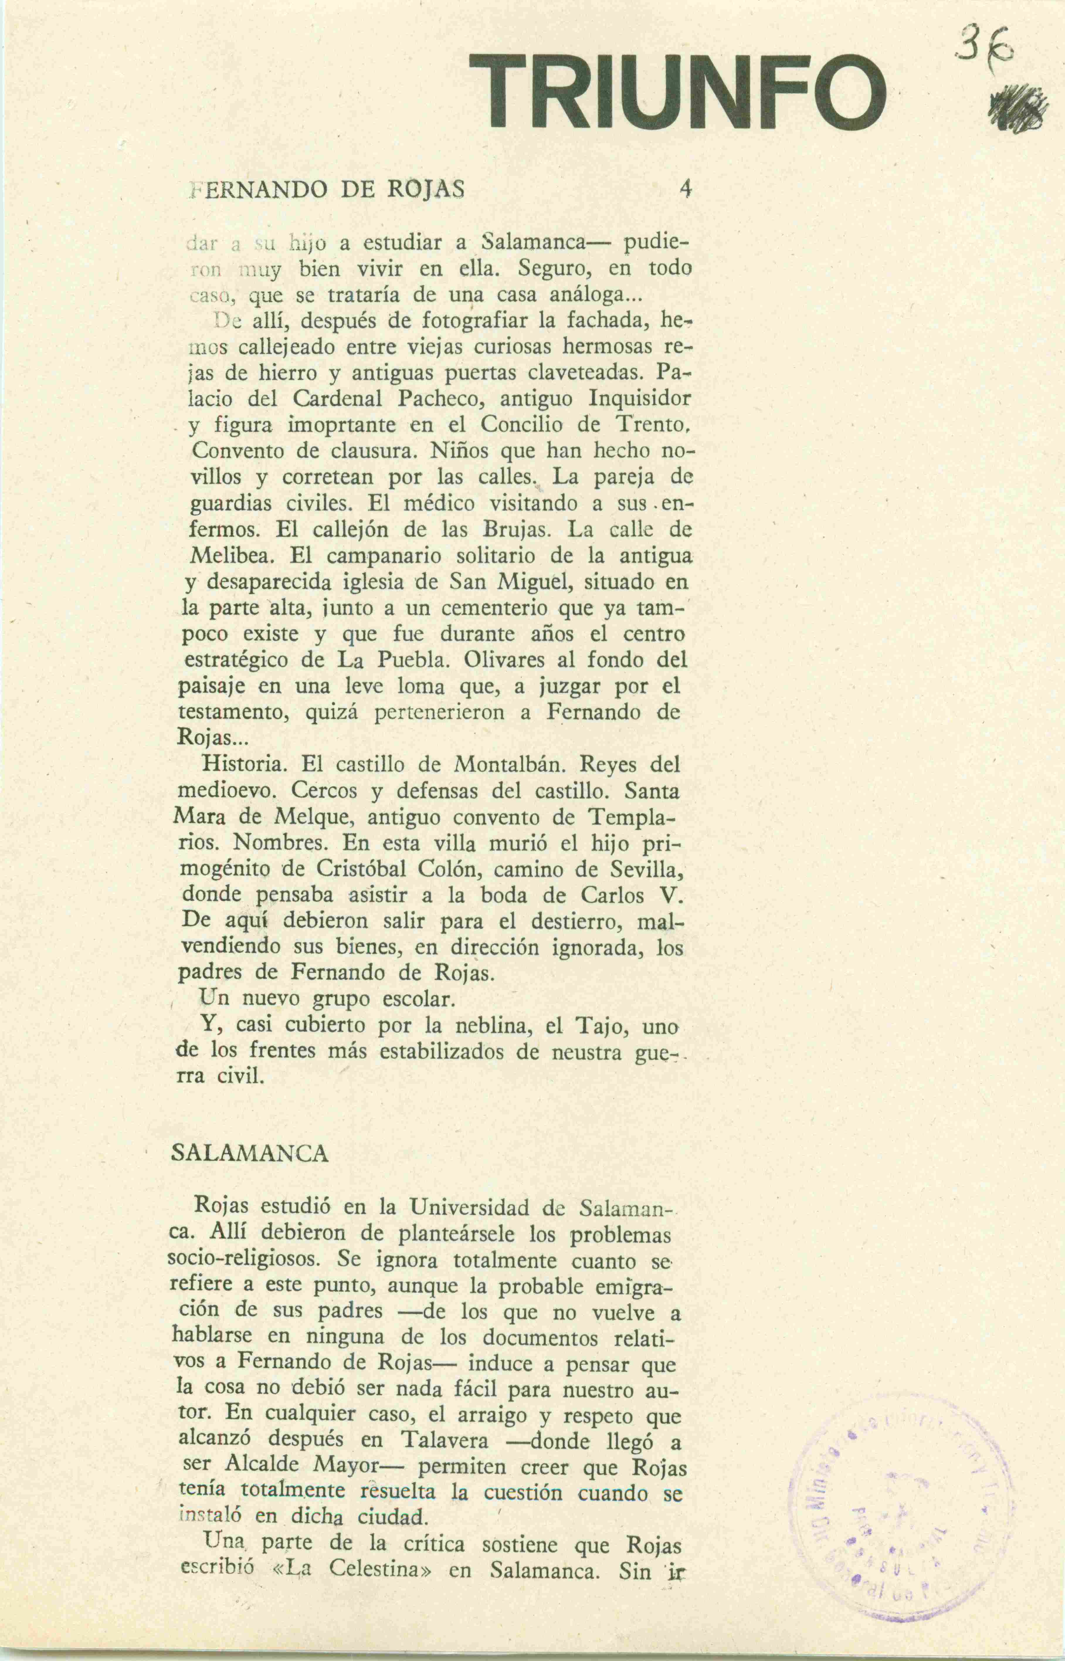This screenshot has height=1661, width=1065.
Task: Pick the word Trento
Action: point(650,425)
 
